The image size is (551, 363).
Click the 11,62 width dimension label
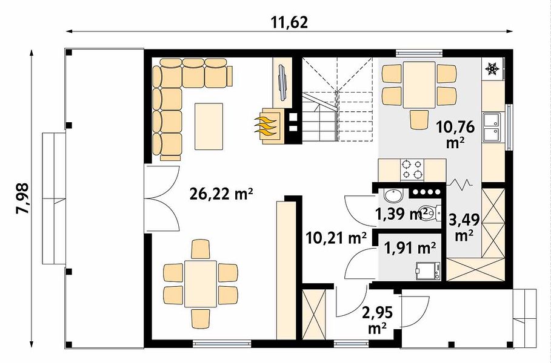pyautogui.click(x=289, y=22)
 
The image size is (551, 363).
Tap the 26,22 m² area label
pyautogui.click(x=221, y=193)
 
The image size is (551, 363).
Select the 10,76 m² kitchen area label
pyautogui.click(x=455, y=134)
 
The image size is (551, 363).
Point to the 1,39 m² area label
pyautogui.click(x=402, y=214)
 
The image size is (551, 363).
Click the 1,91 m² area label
pyautogui.click(x=410, y=248)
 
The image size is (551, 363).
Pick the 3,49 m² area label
pyautogui.click(x=464, y=227)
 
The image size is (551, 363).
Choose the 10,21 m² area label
pyautogui.click(x=336, y=238)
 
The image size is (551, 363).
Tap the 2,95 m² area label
pyautogui.click(x=378, y=319)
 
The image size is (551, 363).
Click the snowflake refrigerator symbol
pyautogui.click(x=492, y=69)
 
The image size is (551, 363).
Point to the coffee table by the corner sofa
pyautogui.click(x=209, y=126)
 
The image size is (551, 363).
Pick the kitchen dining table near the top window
pyautogui.click(x=419, y=85)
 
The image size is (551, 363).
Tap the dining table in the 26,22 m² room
pyautogui.click(x=201, y=284)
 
